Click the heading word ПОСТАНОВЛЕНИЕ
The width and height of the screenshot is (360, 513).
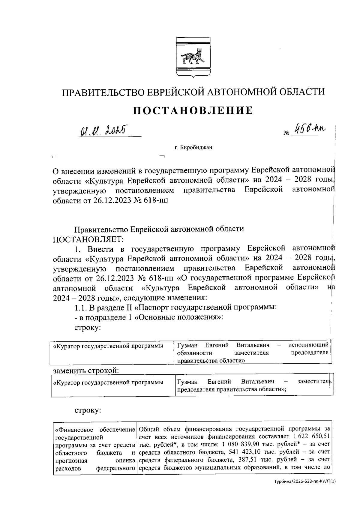pos(193,110)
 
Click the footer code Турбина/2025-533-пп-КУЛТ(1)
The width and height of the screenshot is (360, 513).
pos(304,490)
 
